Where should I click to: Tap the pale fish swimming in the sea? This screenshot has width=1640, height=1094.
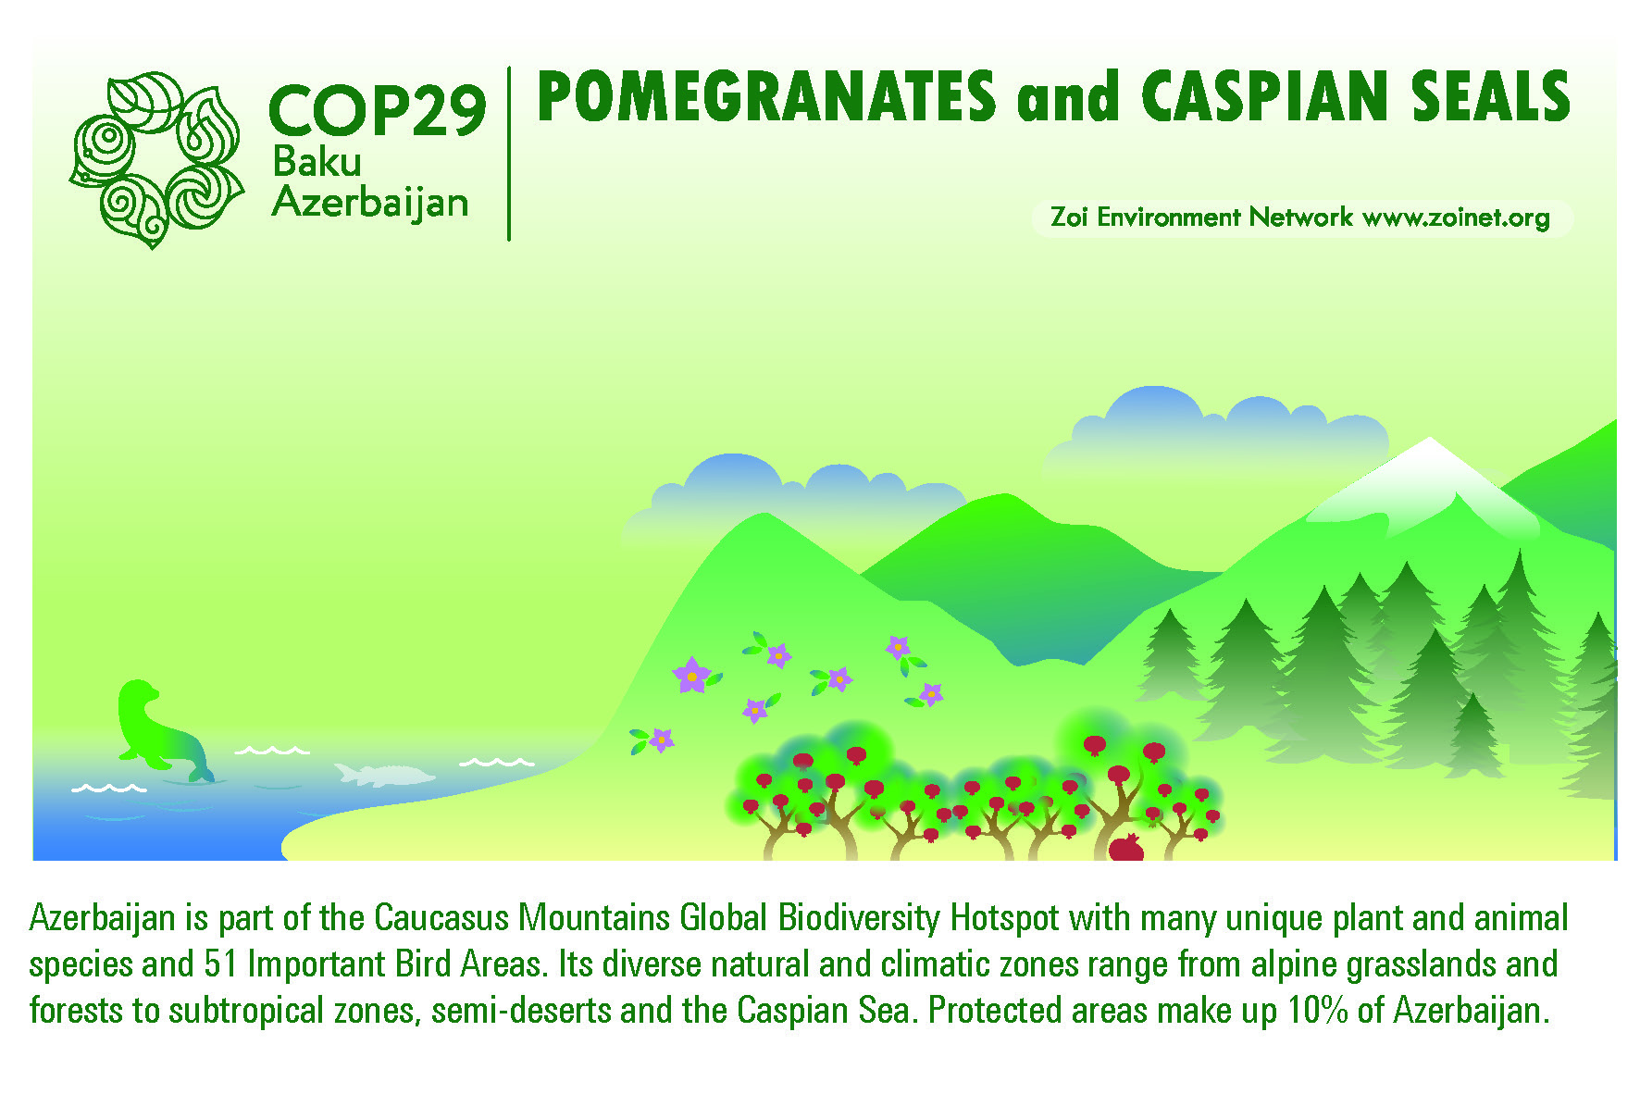click(x=384, y=774)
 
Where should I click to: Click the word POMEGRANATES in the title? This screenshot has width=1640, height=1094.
click(x=766, y=96)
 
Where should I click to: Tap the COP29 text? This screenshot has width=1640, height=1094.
click(x=378, y=111)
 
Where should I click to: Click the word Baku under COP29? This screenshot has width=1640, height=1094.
click(x=317, y=163)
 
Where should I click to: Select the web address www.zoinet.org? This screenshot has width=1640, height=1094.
click(x=1457, y=218)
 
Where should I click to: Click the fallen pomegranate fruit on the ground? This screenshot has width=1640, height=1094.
click(x=1126, y=847)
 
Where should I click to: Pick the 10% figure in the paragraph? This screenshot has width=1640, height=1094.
click(x=1318, y=1010)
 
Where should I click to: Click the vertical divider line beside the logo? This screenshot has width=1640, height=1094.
click(x=508, y=154)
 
